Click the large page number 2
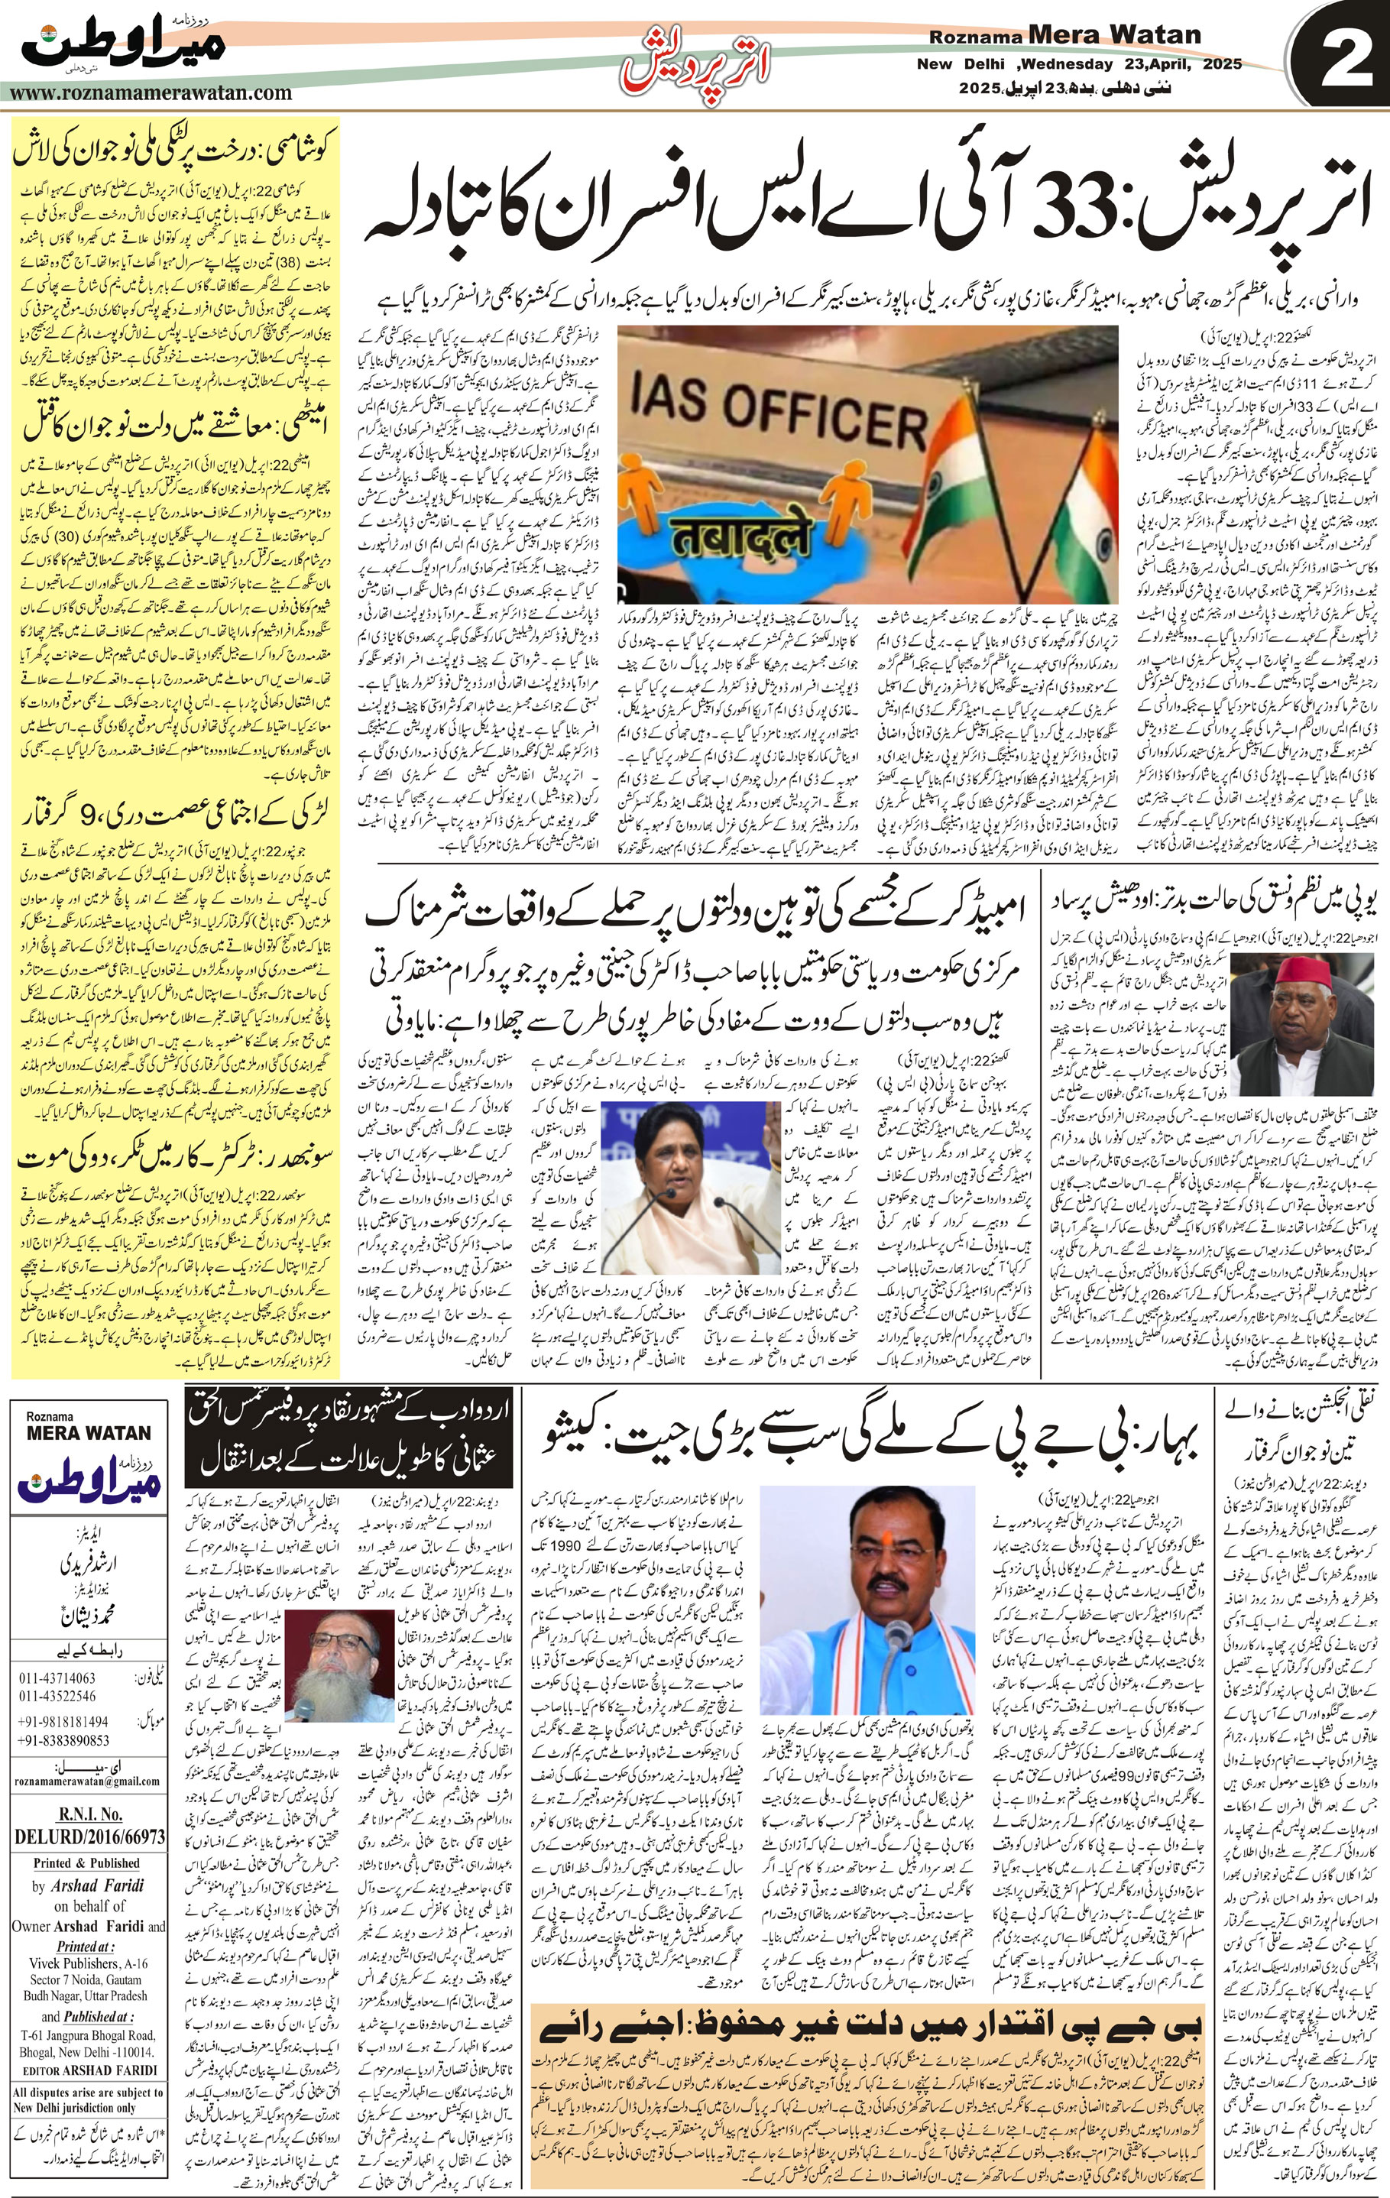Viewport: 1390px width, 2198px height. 1340,57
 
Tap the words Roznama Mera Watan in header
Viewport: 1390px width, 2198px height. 1065,36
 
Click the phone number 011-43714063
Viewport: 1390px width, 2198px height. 57,1678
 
